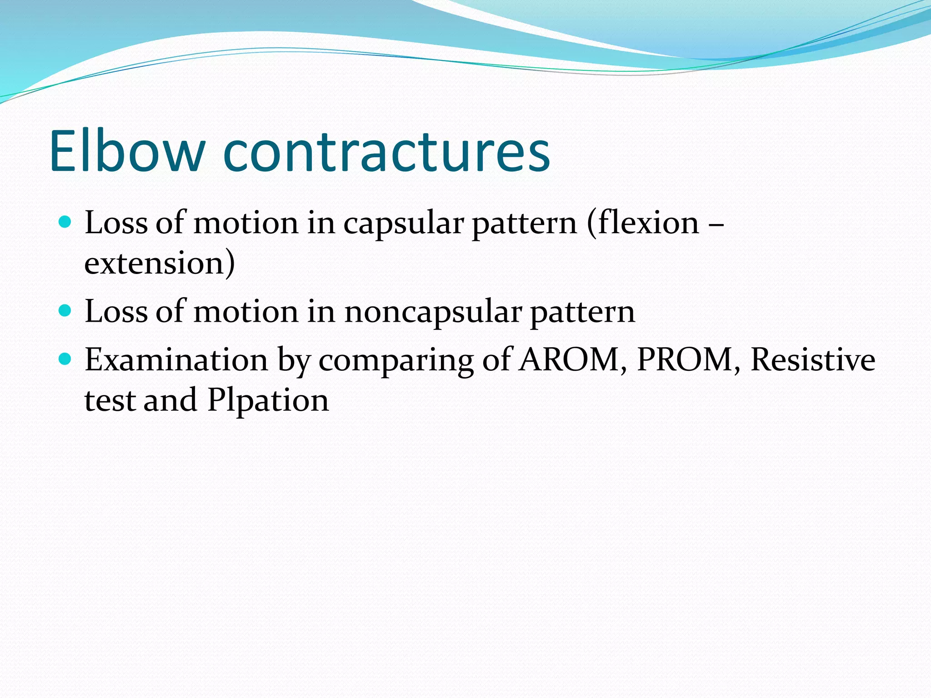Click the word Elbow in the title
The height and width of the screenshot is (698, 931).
127,151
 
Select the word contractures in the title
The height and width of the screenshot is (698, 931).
386,151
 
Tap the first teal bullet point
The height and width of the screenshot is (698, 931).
65,222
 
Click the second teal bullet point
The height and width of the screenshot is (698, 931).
65,311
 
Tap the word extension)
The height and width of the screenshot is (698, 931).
160,263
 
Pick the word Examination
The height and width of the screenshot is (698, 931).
176,360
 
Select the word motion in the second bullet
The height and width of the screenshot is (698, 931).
246,312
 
